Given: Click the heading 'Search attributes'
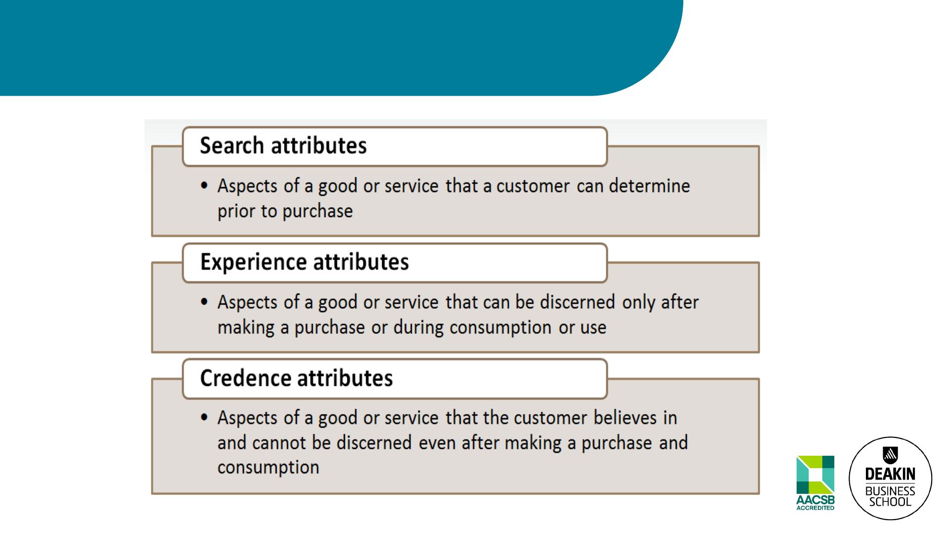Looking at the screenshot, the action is [x=283, y=146].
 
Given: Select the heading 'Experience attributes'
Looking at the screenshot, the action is [x=304, y=262].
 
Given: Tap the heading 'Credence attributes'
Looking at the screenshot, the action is [x=296, y=378].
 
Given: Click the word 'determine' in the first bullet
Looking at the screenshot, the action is [x=649, y=186].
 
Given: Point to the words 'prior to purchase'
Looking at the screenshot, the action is [x=285, y=212].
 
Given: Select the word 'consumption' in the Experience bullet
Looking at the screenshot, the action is [x=500, y=328].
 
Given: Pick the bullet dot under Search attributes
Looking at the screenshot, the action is [x=204, y=186].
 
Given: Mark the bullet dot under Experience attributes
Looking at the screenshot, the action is [x=204, y=302].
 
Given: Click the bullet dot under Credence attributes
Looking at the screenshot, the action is [x=204, y=417].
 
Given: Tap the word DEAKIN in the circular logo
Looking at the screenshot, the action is [x=890, y=474].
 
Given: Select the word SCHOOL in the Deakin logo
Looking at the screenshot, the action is [x=890, y=502].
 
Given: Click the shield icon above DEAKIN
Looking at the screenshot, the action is [x=891, y=455].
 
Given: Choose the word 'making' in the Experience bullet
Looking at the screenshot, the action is [x=246, y=328].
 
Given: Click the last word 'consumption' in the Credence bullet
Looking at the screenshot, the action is [x=268, y=468].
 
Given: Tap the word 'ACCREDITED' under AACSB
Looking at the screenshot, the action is [x=815, y=508].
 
